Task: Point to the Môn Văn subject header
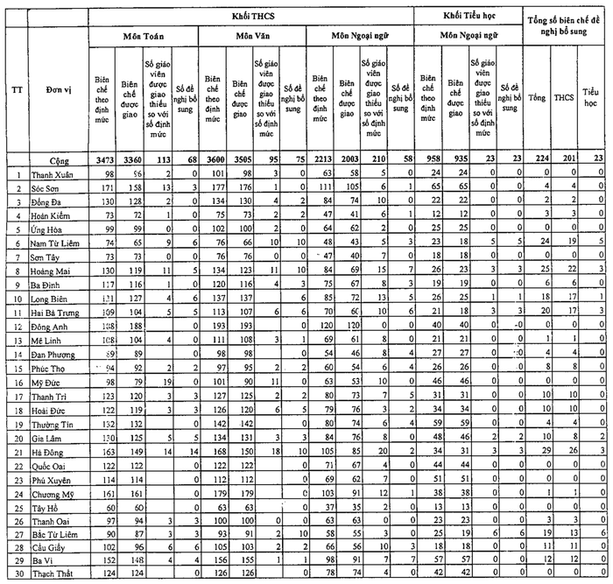tap(251, 38)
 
